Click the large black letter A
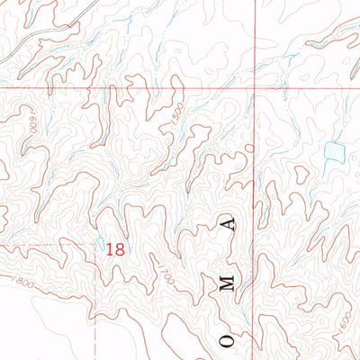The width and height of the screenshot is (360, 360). (x=233, y=223)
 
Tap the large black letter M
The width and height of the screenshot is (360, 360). (x=230, y=283)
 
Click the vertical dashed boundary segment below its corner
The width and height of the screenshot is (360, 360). (x=94, y=297)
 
